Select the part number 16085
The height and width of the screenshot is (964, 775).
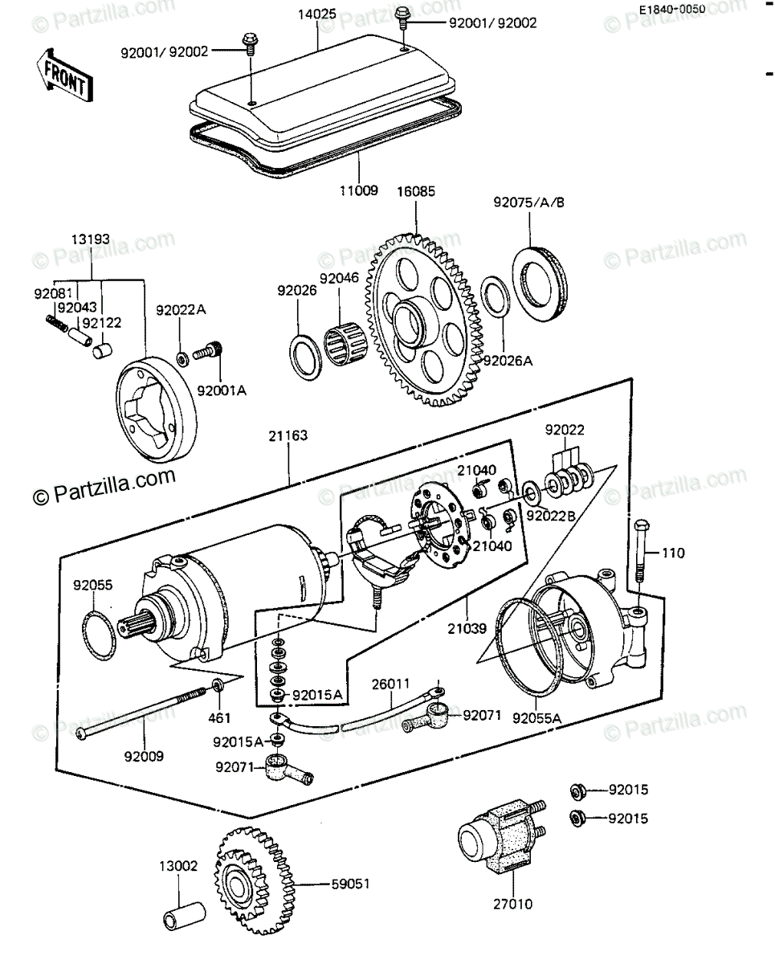[417, 193]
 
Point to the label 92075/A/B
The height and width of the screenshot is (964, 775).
[529, 202]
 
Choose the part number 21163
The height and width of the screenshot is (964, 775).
[288, 435]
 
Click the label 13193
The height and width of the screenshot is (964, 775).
[90, 239]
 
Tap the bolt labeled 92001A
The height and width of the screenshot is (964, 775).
[211, 353]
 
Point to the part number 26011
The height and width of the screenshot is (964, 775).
[390, 684]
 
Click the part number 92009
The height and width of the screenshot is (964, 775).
[145, 755]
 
